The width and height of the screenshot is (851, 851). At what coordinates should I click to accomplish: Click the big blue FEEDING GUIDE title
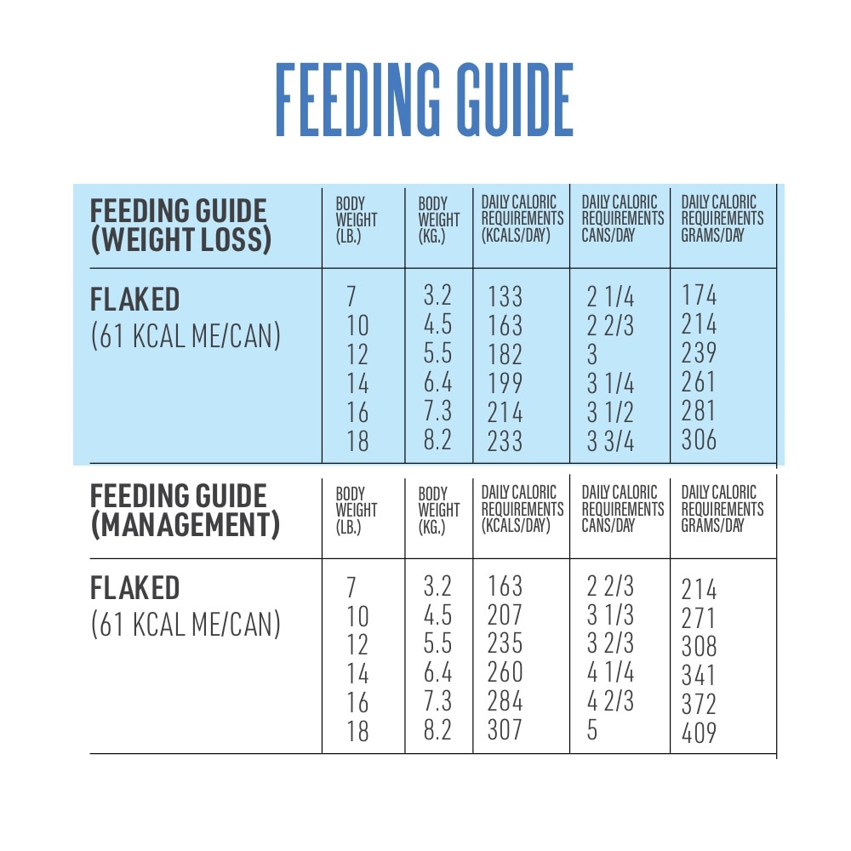[424, 100]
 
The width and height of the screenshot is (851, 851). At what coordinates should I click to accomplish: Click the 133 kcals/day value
[505, 297]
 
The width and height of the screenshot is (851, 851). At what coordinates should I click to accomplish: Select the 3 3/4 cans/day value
[610, 441]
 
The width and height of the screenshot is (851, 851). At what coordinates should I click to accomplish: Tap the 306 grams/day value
[699, 439]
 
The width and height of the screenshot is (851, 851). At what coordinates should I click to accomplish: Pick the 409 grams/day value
[699, 733]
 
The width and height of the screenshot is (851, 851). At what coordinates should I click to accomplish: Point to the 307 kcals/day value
[505, 730]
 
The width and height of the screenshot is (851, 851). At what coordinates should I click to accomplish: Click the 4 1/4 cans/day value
[610, 672]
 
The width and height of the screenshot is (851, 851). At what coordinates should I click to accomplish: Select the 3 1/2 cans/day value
[610, 412]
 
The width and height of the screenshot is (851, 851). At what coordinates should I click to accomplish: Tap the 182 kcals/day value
[505, 355]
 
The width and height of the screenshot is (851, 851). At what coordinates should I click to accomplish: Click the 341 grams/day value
[699, 676]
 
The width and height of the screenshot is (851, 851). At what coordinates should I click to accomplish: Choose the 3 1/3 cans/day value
[610, 614]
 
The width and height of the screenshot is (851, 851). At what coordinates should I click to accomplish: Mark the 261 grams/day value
[699, 382]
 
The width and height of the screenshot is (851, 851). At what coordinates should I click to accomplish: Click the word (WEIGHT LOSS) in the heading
[180, 241]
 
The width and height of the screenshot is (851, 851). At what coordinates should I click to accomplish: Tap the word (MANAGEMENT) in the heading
[185, 526]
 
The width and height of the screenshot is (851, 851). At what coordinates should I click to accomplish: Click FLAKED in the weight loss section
[134, 300]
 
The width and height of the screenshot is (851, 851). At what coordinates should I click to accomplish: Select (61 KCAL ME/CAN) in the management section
[185, 625]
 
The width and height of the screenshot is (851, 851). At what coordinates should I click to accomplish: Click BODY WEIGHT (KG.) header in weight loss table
[437, 220]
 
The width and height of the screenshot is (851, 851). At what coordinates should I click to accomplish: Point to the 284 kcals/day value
[505, 701]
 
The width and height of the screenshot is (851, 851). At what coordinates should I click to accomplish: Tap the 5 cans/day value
[592, 730]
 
